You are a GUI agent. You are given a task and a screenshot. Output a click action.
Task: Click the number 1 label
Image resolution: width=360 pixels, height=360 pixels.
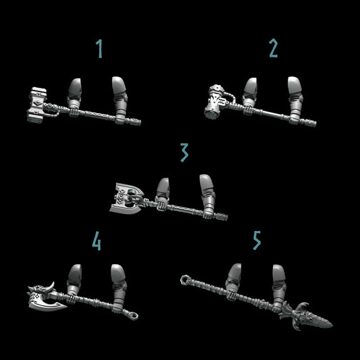(100, 49)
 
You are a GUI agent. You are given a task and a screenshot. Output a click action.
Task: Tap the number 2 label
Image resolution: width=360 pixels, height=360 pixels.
(273, 49)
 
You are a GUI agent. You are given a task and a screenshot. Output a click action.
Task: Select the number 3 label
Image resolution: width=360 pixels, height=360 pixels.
(183, 153)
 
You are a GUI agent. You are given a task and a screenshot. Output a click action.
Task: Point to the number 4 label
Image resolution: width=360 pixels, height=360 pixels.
(97, 242)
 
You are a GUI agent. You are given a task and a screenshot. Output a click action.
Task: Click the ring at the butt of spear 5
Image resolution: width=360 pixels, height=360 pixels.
(184, 278)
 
